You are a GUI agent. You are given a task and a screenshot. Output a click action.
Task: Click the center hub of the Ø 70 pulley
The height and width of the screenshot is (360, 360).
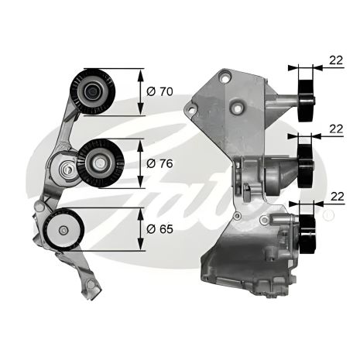[92, 92]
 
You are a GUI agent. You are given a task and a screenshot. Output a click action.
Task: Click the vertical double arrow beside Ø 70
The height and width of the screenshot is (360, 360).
[140, 92]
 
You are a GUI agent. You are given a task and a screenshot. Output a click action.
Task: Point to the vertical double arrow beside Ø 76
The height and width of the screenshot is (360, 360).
[140, 163]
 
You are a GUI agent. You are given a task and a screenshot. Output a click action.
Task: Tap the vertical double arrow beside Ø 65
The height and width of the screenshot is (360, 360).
[140, 229]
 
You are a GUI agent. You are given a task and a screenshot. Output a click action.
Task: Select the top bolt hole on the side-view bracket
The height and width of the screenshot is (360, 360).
[225, 76]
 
